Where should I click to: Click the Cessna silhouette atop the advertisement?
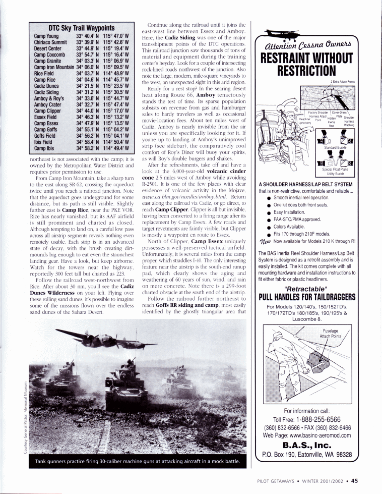point(278,32)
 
